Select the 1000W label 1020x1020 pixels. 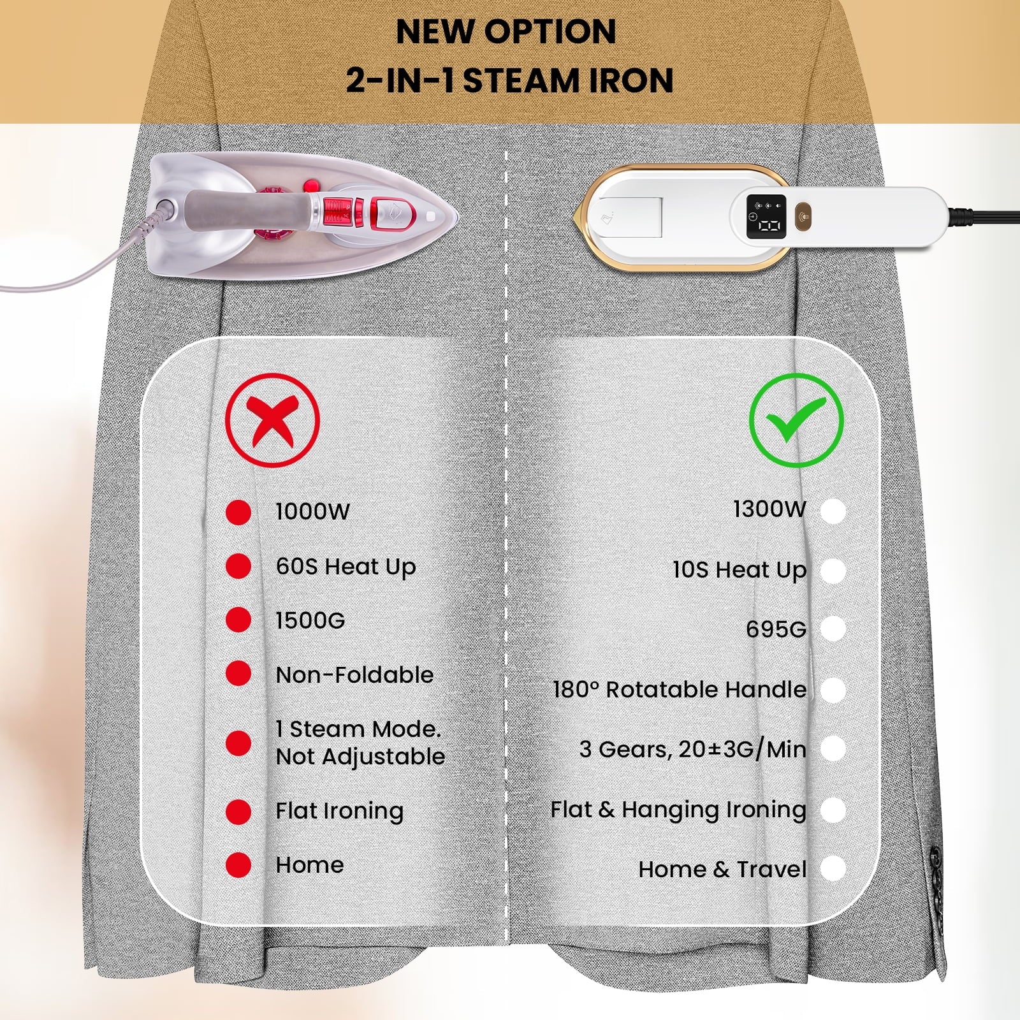(x=312, y=511)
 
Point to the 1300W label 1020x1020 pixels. (x=769, y=509)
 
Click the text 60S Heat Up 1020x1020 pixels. (x=346, y=567)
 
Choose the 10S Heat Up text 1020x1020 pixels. (x=739, y=570)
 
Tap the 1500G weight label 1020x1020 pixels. (x=310, y=620)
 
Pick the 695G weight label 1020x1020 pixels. (x=776, y=629)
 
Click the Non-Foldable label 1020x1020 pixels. (x=354, y=674)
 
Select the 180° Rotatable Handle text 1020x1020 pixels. (x=680, y=689)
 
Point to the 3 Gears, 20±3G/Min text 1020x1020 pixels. (x=693, y=749)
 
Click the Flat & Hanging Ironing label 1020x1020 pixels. (x=678, y=810)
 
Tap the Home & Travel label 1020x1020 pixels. (x=722, y=870)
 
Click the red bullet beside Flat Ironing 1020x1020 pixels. (x=238, y=812)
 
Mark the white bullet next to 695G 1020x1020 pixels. (x=833, y=629)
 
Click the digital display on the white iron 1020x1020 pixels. (x=766, y=217)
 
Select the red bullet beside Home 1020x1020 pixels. (x=238, y=865)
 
